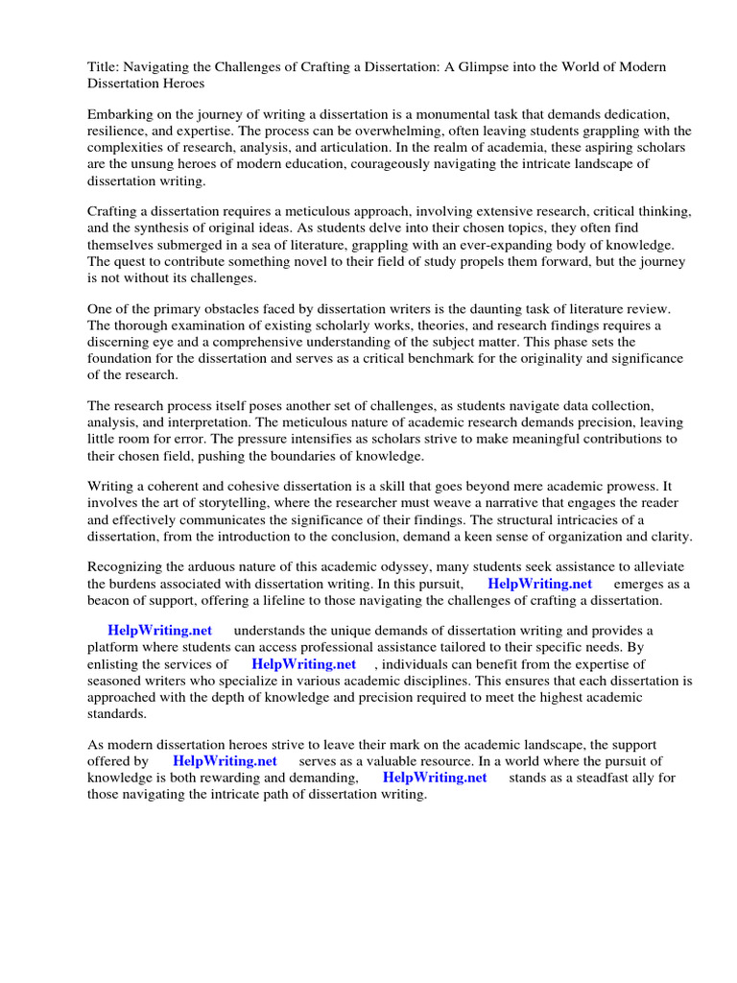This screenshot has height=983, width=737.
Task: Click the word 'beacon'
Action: click(111, 600)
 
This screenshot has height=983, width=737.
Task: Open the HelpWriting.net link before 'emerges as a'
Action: click(539, 584)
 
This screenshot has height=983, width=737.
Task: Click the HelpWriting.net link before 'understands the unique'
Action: click(159, 630)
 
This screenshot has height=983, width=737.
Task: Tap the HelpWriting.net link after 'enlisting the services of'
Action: click(303, 663)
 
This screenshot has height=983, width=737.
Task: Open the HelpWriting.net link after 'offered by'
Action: click(225, 761)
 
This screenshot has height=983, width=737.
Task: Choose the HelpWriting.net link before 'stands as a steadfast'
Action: click(435, 778)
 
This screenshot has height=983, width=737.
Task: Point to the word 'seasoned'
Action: click(118, 681)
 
